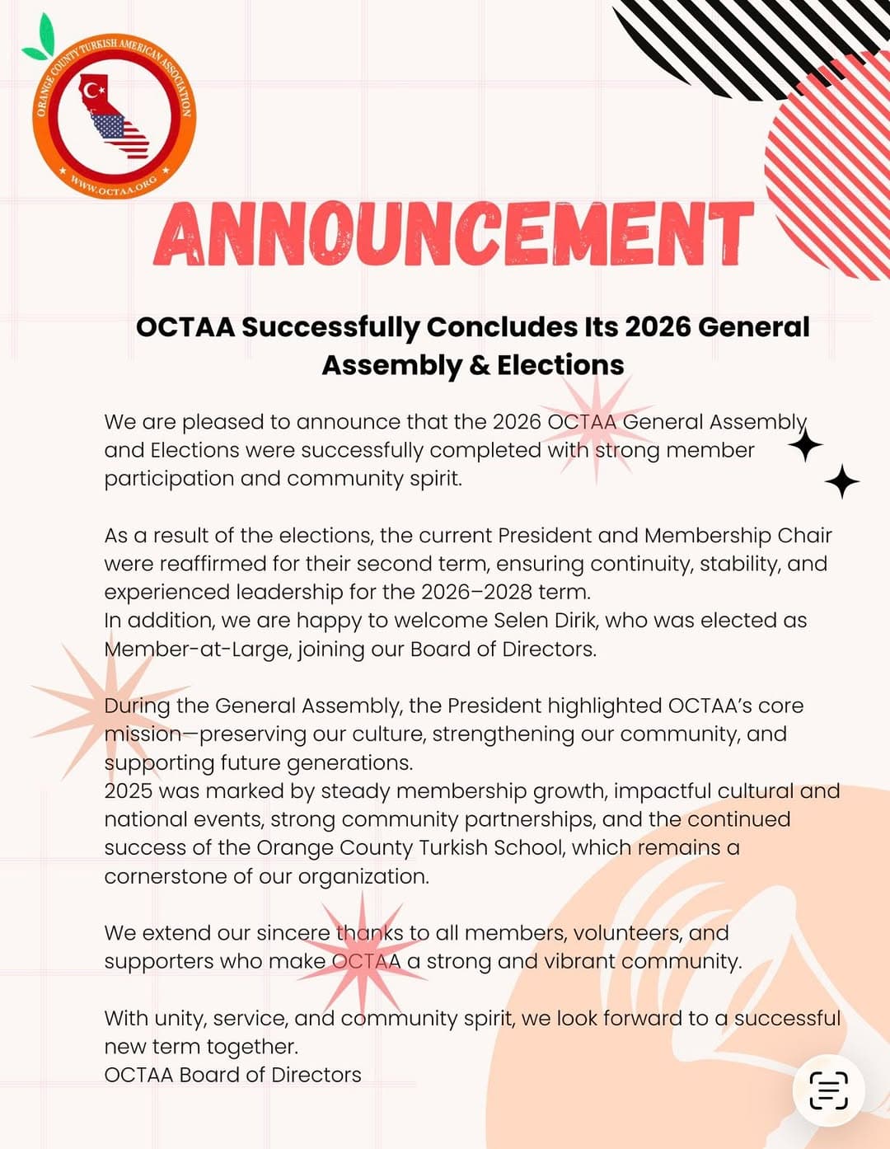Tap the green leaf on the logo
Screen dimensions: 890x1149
click(41, 40)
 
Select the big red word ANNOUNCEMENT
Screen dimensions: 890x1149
click(452, 234)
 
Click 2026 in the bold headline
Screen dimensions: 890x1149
click(658, 327)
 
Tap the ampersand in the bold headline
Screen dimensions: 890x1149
click(479, 365)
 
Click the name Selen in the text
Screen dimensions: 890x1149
click(521, 620)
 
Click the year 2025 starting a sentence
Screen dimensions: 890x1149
click(129, 790)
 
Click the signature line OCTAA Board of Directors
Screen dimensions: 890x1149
click(232, 1075)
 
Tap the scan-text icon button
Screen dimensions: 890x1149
click(828, 1090)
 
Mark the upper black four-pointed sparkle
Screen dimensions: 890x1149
click(805, 445)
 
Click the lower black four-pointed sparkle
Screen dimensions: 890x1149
click(841, 481)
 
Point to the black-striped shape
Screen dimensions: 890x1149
click(742, 37)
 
